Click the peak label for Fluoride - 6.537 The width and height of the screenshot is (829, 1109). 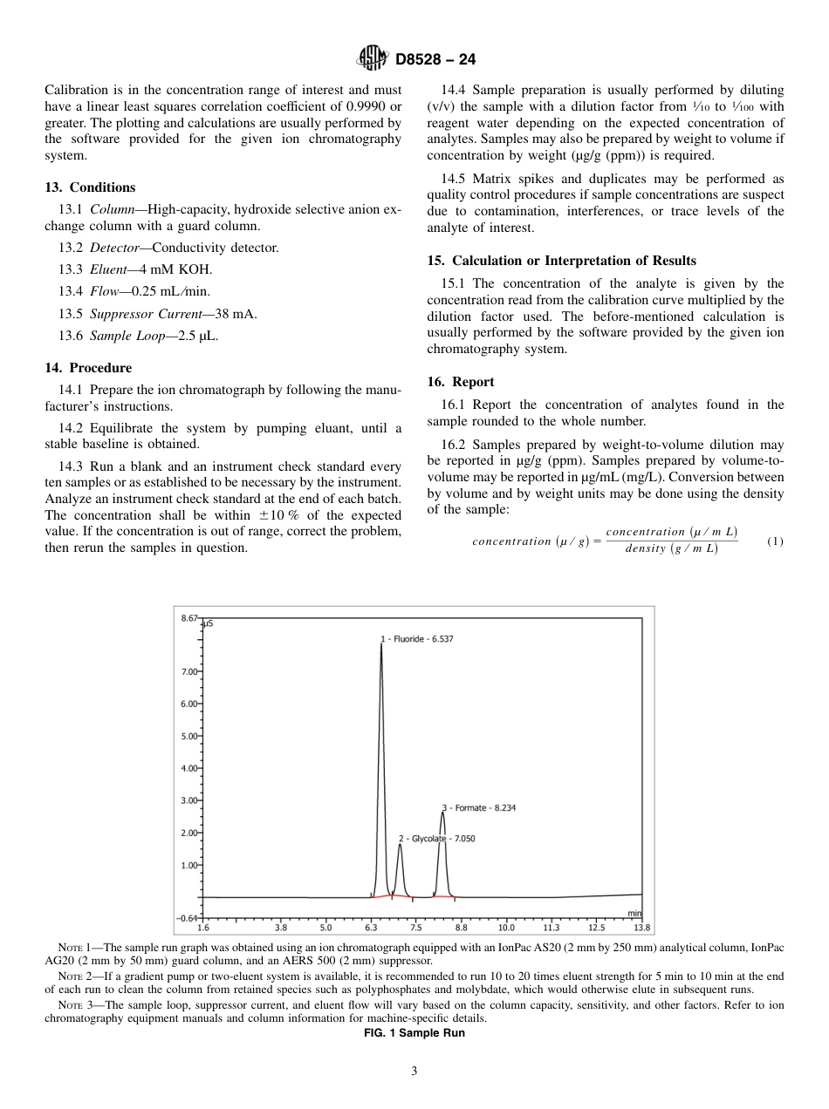coord(416,639)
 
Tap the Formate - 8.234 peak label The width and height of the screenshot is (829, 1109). coord(479,807)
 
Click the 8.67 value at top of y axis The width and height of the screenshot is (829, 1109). coord(189,617)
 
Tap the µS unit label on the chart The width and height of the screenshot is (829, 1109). coord(209,624)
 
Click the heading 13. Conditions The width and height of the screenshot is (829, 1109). coord(90,187)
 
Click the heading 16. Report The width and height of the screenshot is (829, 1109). coord(461,382)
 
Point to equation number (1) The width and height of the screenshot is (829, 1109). coord(775,541)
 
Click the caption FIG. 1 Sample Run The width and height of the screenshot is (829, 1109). coord(414,1033)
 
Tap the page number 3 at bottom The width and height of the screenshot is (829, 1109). coord(414,1072)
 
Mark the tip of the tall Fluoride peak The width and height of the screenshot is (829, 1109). coord(381,645)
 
